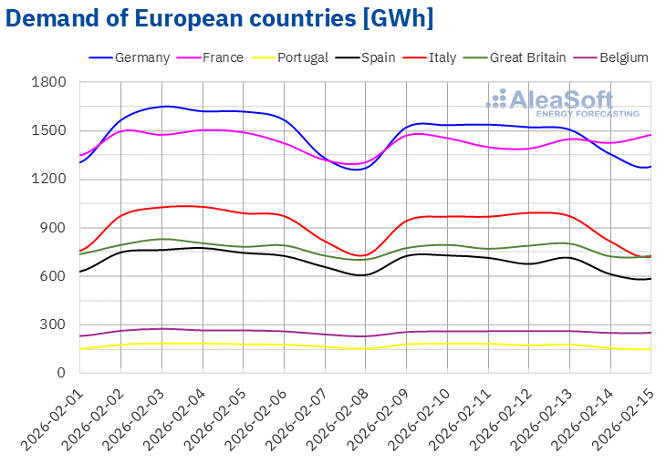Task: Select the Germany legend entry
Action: pos(142,57)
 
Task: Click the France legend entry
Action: pos(223,57)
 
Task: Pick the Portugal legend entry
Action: pos(302,57)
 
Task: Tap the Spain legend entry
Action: pos(378,57)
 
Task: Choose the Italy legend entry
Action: pos(442,57)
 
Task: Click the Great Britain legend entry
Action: pos(527,57)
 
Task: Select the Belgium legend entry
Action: pos(623,57)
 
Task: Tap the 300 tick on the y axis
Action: pos(57,325)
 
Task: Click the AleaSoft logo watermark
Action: pos(563,102)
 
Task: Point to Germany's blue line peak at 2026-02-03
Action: pos(162,107)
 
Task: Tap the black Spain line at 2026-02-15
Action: pos(650,279)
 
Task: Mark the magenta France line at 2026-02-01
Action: pos(81,156)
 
